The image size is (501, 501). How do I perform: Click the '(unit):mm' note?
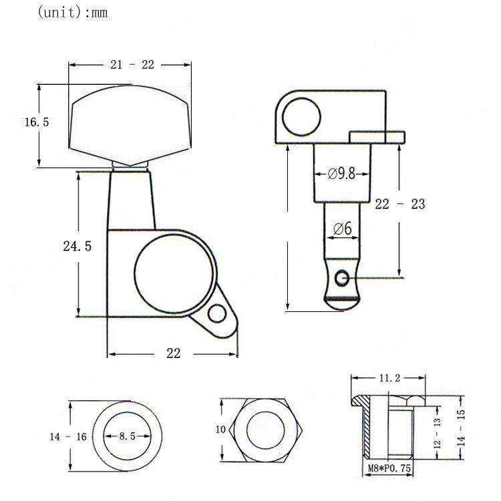[72, 12]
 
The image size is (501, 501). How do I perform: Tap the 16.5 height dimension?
[37, 122]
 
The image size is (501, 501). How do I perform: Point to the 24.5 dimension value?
[77, 246]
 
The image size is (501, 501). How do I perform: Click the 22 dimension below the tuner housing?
[173, 354]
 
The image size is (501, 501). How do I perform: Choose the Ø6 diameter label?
[341, 229]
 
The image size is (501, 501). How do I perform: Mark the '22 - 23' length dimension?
[399, 204]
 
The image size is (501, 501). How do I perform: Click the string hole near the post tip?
[343, 276]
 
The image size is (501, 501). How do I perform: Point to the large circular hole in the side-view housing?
[301, 119]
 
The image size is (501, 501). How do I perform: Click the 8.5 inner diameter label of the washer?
[128, 436]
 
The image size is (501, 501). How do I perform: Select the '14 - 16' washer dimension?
[68, 437]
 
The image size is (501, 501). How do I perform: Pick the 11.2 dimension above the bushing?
[389, 378]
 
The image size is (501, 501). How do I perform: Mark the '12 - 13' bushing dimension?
[438, 433]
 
